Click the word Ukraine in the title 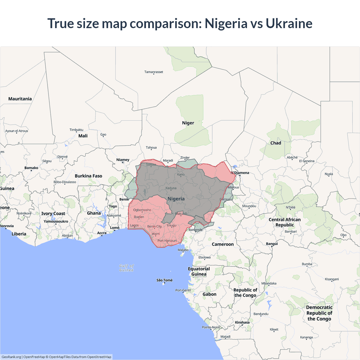pos(289,23)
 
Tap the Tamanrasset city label pos(154,72)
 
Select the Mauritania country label pos(20,99)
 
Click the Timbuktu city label pos(76,130)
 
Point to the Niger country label pos(188,123)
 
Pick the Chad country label pos(276,143)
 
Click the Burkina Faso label pos(88,176)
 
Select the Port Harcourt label pos(167,241)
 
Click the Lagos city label pos(134,225)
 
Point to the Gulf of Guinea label pos(126,268)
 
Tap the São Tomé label pos(165,280)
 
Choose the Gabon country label pos(210,294)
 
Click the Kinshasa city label pos(242,322)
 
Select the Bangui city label pos(272,244)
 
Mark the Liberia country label pos(19,234)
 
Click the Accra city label pos(102,233)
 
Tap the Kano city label pos(181,174)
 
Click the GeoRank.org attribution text pos(11,357)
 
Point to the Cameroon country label pos(222,244)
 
